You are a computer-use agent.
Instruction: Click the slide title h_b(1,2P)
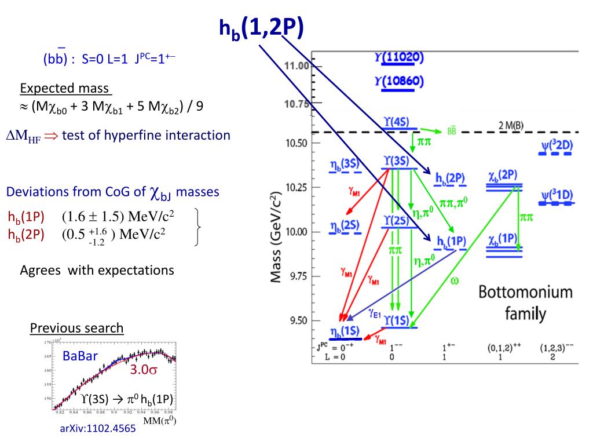tap(261, 27)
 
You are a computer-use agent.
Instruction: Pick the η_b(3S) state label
tap(341, 164)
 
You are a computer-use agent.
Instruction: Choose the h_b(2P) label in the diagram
tap(451, 178)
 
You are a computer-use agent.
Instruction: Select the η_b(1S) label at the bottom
tap(344, 331)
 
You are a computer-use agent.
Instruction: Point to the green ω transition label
tap(454, 281)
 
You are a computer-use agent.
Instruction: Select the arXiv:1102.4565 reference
tap(98, 429)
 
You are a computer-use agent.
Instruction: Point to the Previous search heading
tap(76, 328)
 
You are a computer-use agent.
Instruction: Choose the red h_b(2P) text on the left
tap(26, 235)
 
